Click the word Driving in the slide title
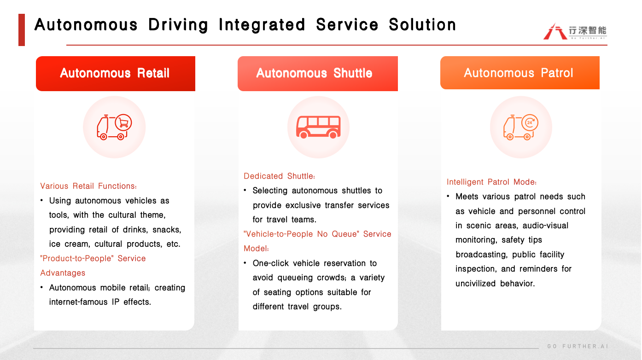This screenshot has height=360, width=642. tap(178, 25)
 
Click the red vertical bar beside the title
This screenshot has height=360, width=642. tap(22, 30)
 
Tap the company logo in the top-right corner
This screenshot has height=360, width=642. tap(575, 31)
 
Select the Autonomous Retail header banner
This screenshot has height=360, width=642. tap(116, 74)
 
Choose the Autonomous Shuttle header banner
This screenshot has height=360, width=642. tap(318, 74)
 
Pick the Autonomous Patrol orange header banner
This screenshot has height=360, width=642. tap(520, 73)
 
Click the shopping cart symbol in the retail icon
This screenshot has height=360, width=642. tap(123, 122)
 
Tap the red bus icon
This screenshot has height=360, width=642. tap(318, 127)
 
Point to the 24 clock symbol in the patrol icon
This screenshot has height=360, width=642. tap(530, 122)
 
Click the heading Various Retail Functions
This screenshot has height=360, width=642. tap(88, 186)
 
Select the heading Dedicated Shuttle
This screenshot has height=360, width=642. tap(279, 176)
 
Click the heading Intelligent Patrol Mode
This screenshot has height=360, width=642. tap(491, 182)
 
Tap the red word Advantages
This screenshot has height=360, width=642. tap(63, 273)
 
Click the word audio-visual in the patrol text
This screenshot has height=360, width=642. tap(545, 226)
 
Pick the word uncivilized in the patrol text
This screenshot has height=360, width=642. tap(475, 284)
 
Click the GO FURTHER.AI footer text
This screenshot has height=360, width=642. tap(578, 346)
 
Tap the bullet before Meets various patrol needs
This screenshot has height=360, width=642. tap(448, 196)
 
